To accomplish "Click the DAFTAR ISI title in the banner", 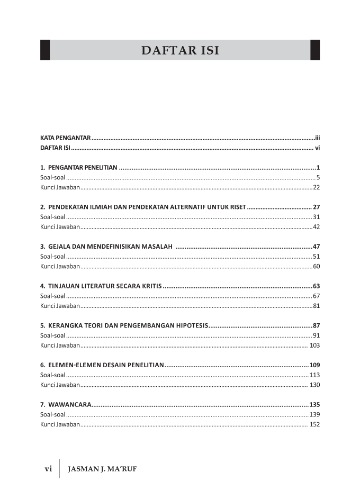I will [180, 50].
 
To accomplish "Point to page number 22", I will [316, 187].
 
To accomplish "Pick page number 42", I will [316, 227].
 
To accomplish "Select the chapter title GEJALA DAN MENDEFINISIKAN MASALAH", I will [110, 247].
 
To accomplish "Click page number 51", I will [316, 257].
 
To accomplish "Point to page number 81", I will [316, 306].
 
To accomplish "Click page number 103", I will [314, 346].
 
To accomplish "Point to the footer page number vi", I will [48, 469].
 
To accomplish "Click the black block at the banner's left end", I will [45, 50].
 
